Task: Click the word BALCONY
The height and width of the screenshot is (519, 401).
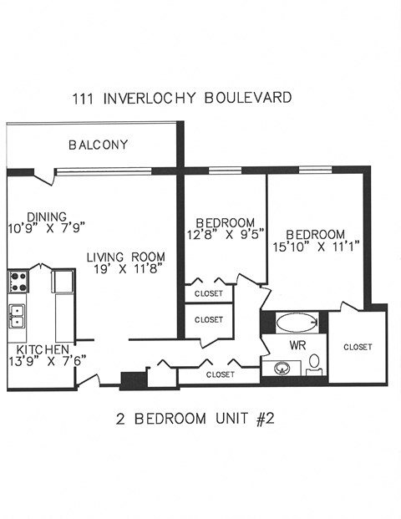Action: tap(99, 145)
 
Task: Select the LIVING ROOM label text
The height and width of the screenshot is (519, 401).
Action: tap(128, 257)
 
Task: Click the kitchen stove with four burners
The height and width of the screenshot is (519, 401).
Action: tap(18, 281)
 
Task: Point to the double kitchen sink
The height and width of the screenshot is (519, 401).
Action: tap(17, 316)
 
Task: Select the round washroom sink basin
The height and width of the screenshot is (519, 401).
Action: tap(282, 368)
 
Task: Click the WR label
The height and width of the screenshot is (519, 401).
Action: tap(297, 344)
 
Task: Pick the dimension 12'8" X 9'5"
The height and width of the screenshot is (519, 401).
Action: tap(225, 234)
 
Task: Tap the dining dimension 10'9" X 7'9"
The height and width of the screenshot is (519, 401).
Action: tap(47, 226)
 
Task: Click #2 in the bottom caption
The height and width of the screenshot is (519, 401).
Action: tap(262, 419)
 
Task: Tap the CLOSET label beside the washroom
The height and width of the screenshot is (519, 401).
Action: tap(357, 347)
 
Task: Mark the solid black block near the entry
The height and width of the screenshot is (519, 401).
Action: tap(134, 380)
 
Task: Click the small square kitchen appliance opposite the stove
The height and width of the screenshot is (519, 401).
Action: tap(61, 282)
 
